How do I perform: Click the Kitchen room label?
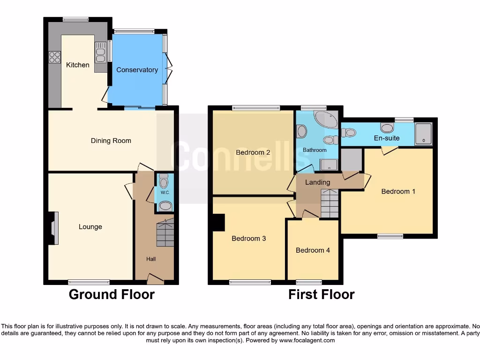pyautogui.click(x=77, y=65)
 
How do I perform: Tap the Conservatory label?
pyautogui.click(x=137, y=70)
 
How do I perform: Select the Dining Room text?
pyautogui.click(x=111, y=141)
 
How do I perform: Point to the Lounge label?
pyautogui.click(x=90, y=227)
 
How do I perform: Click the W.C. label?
pyautogui.click(x=165, y=193)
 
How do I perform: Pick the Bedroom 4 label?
pyautogui.click(x=313, y=250)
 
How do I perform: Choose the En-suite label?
pyautogui.click(x=387, y=138)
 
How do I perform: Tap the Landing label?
pyautogui.click(x=318, y=182)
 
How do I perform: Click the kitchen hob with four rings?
pyautogui.click(x=54, y=57)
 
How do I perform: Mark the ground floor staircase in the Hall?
pyautogui.click(x=165, y=233)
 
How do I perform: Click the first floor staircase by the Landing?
pyautogui.click(x=330, y=203)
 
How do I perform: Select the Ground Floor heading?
pyautogui.click(x=112, y=294)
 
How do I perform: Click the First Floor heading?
pyautogui.click(x=321, y=294)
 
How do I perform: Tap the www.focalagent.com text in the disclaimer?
pyautogui.click(x=307, y=340)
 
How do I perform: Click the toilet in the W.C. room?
pyautogui.click(x=164, y=180)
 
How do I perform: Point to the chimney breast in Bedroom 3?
pyautogui.click(x=219, y=222)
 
